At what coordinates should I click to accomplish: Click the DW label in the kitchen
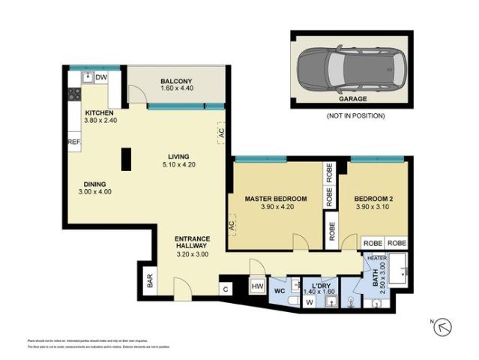(101, 76)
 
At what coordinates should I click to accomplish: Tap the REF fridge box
(73, 141)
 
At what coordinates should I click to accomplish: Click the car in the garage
(351, 70)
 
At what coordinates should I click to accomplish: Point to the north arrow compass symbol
(443, 326)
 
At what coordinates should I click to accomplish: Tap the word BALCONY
(176, 81)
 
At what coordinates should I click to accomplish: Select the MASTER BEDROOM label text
(276, 199)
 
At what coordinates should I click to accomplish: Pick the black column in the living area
(126, 158)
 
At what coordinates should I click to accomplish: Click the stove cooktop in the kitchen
(75, 94)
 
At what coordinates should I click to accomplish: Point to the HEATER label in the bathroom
(377, 257)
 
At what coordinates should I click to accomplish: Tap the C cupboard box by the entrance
(225, 287)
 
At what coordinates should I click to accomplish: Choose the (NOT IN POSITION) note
(355, 116)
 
